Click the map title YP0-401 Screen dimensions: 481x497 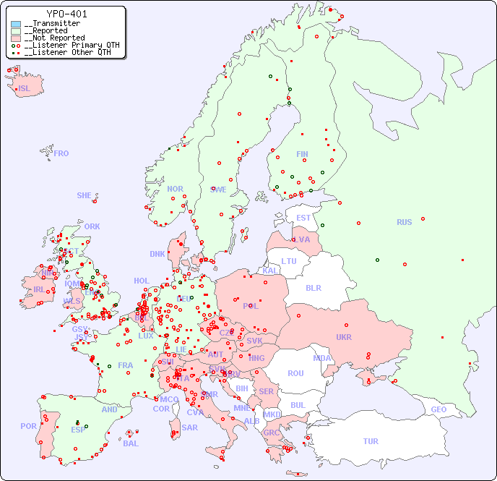(67, 14)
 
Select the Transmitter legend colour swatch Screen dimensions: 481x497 (16, 24)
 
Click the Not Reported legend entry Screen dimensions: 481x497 (54, 38)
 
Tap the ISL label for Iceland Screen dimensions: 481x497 (25, 89)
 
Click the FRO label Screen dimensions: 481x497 (61, 153)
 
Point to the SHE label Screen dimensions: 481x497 (85, 195)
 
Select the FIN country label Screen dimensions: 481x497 (302, 154)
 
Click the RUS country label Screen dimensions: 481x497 (404, 222)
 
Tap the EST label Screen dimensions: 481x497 (303, 218)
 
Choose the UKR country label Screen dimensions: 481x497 (344, 337)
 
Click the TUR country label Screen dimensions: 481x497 (371, 441)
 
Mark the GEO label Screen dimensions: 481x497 (438, 409)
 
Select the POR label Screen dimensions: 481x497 (28, 426)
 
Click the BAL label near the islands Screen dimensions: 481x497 (131, 443)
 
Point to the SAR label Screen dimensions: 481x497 (189, 427)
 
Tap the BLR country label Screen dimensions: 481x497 (314, 287)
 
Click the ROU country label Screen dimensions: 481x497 (295, 373)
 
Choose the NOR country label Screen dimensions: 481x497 (175, 189)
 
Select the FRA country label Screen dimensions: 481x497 (126, 365)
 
